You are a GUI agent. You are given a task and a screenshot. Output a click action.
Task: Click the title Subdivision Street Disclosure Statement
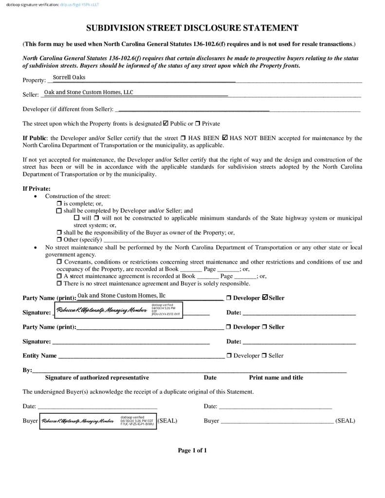(192, 28)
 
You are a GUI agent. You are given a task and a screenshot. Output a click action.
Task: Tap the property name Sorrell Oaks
(69, 77)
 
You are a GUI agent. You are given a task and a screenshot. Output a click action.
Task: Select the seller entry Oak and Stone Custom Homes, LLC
(89, 92)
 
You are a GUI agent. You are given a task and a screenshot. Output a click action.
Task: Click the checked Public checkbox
(166, 124)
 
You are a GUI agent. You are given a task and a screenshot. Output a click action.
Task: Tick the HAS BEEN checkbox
(183, 138)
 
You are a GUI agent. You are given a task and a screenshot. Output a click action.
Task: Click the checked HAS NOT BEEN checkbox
(224, 138)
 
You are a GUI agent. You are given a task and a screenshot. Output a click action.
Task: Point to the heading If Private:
(37, 189)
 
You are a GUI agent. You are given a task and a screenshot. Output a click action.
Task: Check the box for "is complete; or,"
(59, 203)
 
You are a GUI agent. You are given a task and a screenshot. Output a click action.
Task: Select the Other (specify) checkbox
(59, 240)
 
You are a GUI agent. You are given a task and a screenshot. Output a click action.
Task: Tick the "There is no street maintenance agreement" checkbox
(59, 283)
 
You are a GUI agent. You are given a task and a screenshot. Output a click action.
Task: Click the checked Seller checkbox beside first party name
(265, 298)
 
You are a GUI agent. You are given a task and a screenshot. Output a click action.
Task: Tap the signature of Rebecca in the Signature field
(101, 310)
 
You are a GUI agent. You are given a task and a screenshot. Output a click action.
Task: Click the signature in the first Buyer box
(78, 421)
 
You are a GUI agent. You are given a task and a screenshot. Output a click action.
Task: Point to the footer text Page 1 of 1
(192, 450)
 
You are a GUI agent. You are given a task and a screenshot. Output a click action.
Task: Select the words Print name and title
(276, 377)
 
